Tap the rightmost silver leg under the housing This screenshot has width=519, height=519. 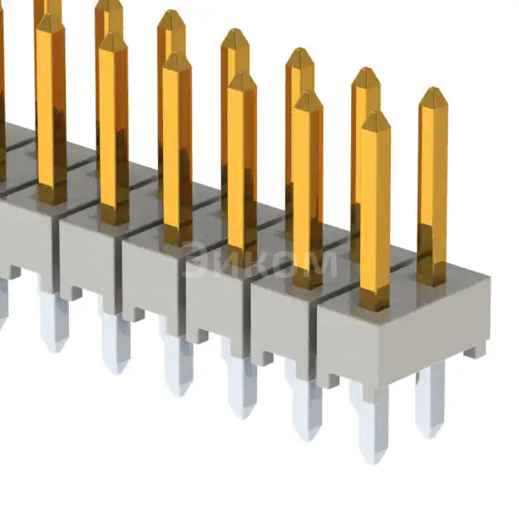point(430,397)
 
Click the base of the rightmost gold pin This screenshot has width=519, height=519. point(431,276)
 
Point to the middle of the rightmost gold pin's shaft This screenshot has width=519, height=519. point(432,187)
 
